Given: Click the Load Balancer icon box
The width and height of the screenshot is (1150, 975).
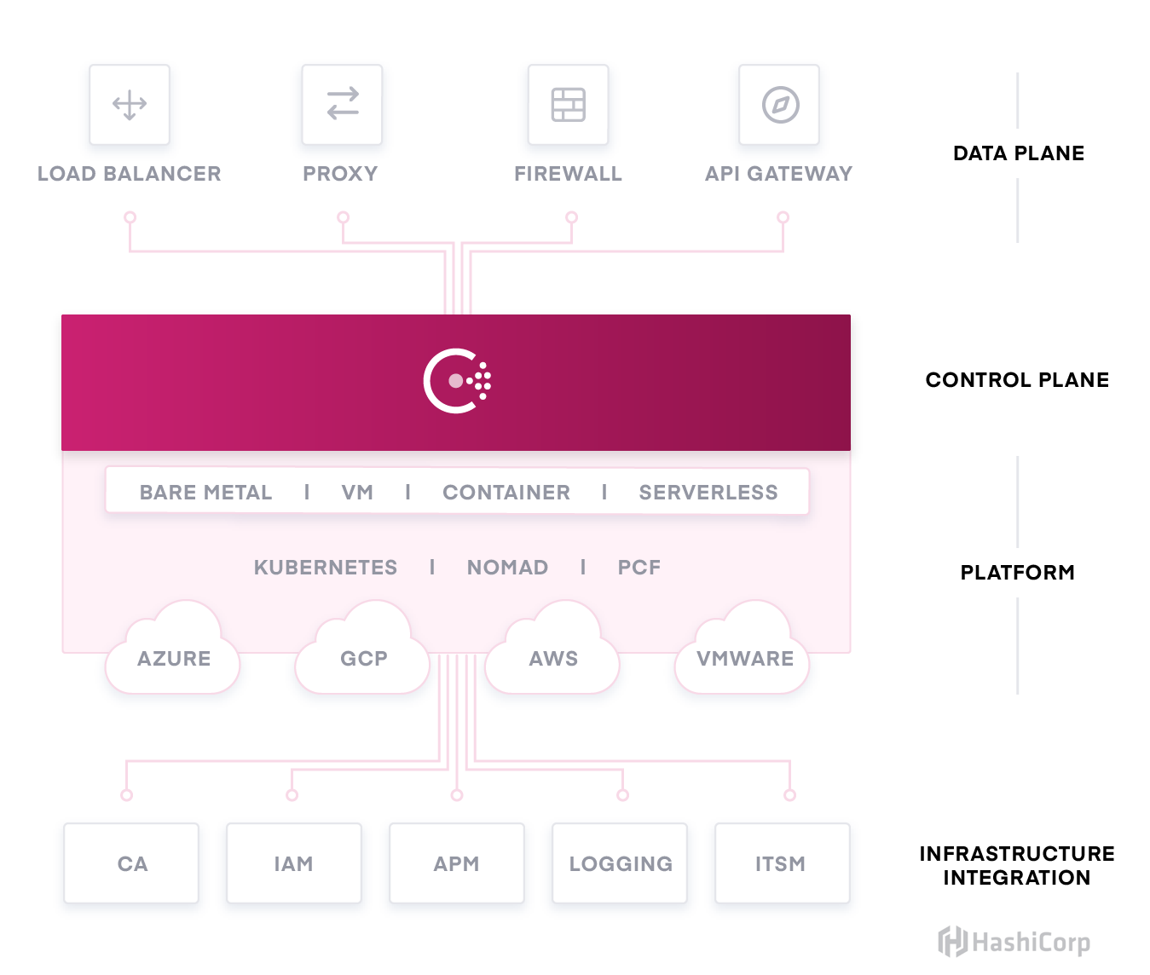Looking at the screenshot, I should coord(130,105).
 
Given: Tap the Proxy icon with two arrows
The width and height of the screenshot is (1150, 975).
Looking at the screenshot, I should coord(342,105).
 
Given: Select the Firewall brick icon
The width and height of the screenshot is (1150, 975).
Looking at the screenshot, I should coord(568,105).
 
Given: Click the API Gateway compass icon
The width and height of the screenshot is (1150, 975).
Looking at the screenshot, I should coord(779,105).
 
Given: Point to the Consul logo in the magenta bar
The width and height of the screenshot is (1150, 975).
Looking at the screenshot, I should coord(457,381).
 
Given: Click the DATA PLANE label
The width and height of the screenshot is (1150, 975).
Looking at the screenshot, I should coord(1018,153).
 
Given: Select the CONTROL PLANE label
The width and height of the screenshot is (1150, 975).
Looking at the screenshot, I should coord(1017,380).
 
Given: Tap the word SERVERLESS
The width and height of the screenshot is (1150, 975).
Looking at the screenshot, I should coord(708,493).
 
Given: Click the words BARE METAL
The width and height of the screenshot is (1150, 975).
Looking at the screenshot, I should coord(205,493).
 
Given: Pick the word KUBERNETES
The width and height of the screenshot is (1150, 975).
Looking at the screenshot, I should coord(326,568).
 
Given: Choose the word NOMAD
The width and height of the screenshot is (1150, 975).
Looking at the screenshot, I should coord(507,568).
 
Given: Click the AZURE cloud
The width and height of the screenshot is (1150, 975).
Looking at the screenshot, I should coord(173,658).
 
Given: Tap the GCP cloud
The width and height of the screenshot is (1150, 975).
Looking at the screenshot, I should coord(363,658).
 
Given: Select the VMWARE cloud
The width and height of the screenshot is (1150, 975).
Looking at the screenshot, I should coord(744,658).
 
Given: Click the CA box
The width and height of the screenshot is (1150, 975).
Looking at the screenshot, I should coord(132,863).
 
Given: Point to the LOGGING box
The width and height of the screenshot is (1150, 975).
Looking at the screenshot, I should coord(620,863).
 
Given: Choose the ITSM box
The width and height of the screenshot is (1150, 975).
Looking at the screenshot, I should coord(782,863).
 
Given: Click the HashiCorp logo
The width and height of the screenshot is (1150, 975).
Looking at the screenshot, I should coord(1014,942).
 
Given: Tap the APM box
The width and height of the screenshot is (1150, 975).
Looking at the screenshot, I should coord(457,863).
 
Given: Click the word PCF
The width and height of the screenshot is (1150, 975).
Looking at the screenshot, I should coord(639,568).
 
